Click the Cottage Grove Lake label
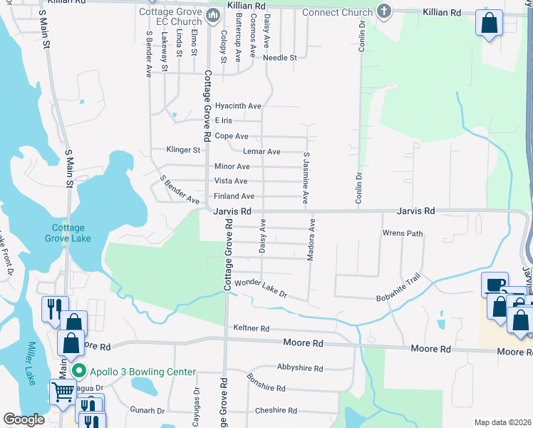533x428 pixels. [71, 233]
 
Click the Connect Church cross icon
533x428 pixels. [384, 12]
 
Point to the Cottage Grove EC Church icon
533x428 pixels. [213, 15]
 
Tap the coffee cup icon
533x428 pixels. [495, 285]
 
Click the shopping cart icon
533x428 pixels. [63, 391]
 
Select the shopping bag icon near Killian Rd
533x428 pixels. [490, 23]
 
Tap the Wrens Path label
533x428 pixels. [403, 233]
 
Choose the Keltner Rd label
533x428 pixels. [252, 328]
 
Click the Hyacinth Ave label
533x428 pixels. [238, 106]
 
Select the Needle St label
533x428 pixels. [279, 58]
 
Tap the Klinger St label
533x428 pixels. [183, 151]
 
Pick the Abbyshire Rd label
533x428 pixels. [300, 369]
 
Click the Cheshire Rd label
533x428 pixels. [276, 410]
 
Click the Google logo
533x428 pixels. [24, 419]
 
